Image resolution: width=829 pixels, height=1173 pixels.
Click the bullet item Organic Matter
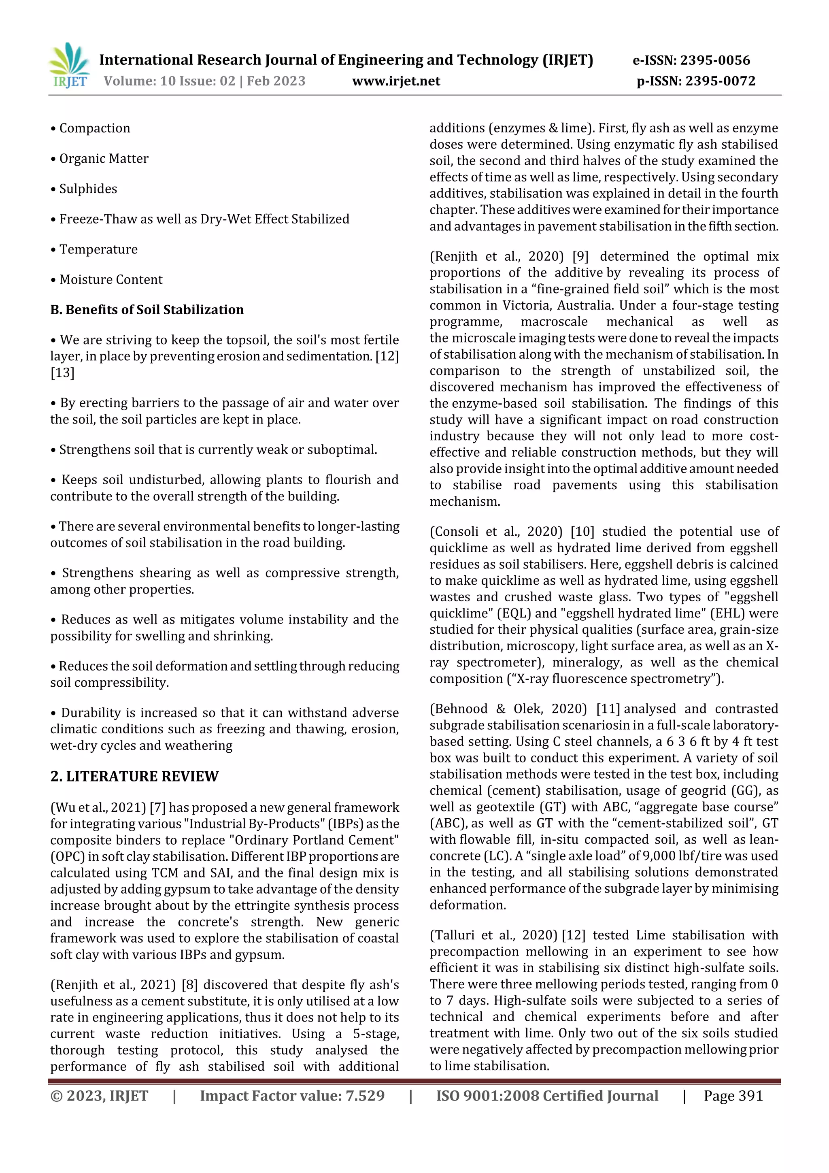[x=104, y=159]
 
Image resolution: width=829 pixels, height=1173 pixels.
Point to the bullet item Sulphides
[x=88, y=189]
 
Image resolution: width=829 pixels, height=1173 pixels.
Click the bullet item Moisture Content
[x=111, y=280]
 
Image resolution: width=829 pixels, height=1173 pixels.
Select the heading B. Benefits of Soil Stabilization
[x=147, y=310]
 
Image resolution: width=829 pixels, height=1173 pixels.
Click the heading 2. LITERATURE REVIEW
[x=134, y=777]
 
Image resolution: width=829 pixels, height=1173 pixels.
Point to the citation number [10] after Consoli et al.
[x=582, y=532]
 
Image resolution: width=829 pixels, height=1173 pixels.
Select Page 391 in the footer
[x=733, y=1096]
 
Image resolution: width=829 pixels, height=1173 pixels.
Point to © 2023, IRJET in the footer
[x=99, y=1096]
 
